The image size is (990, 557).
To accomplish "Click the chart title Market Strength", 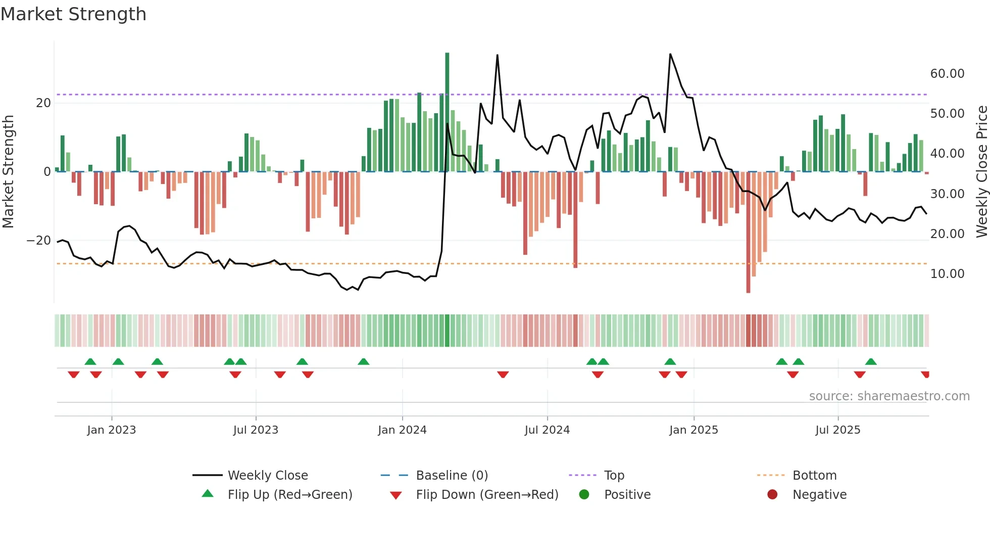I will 74,14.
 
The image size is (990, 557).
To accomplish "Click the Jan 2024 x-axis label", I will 402,430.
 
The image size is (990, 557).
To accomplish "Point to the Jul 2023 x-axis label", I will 256,430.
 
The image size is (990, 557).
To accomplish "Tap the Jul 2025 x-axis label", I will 837,430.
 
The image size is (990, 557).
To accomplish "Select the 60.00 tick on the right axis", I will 947,74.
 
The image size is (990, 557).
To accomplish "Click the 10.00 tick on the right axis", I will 947,274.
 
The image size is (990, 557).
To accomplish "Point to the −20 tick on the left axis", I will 39,241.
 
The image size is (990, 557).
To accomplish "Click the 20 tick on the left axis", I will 43,103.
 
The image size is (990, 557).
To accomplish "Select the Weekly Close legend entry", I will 267,475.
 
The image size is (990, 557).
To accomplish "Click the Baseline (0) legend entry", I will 452,475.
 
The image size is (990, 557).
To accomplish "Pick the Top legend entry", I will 614,475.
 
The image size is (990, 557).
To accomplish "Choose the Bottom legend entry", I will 814,475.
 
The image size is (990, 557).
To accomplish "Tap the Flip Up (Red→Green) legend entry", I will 289,494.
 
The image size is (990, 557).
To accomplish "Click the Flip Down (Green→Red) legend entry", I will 487,494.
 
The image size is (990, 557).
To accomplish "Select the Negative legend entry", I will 819,494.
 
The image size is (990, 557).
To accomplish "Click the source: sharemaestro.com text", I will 889,396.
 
